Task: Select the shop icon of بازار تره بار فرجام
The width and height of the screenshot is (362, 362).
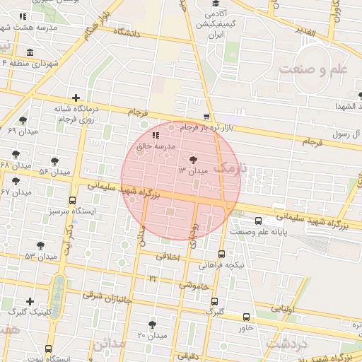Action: (206, 117)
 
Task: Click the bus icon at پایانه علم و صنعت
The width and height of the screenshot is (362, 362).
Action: (258, 221)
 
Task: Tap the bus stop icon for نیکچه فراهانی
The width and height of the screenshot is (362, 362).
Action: (222, 254)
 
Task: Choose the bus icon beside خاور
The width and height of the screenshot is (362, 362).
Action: (246, 317)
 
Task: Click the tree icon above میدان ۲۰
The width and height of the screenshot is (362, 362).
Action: (152, 324)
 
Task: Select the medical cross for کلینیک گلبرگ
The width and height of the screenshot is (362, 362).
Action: (30, 301)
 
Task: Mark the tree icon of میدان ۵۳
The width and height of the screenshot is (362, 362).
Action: (40, 245)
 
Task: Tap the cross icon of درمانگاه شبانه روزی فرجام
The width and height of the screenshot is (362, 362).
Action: (76, 98)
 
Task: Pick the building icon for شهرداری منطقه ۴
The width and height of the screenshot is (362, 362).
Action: (29, 53)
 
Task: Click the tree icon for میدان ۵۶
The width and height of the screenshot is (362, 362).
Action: (55, 161)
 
